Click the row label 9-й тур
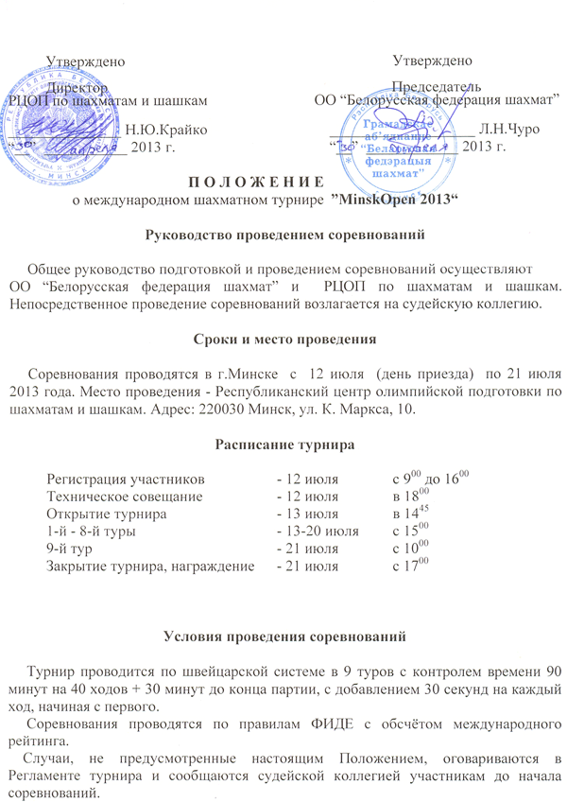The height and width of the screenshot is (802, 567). [74, 549]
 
